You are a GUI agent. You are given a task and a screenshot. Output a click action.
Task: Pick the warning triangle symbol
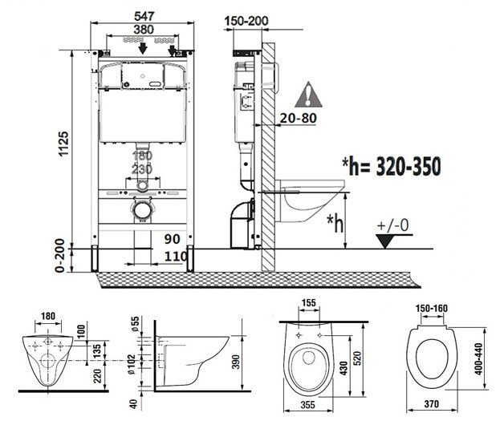tap(308, 98)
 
